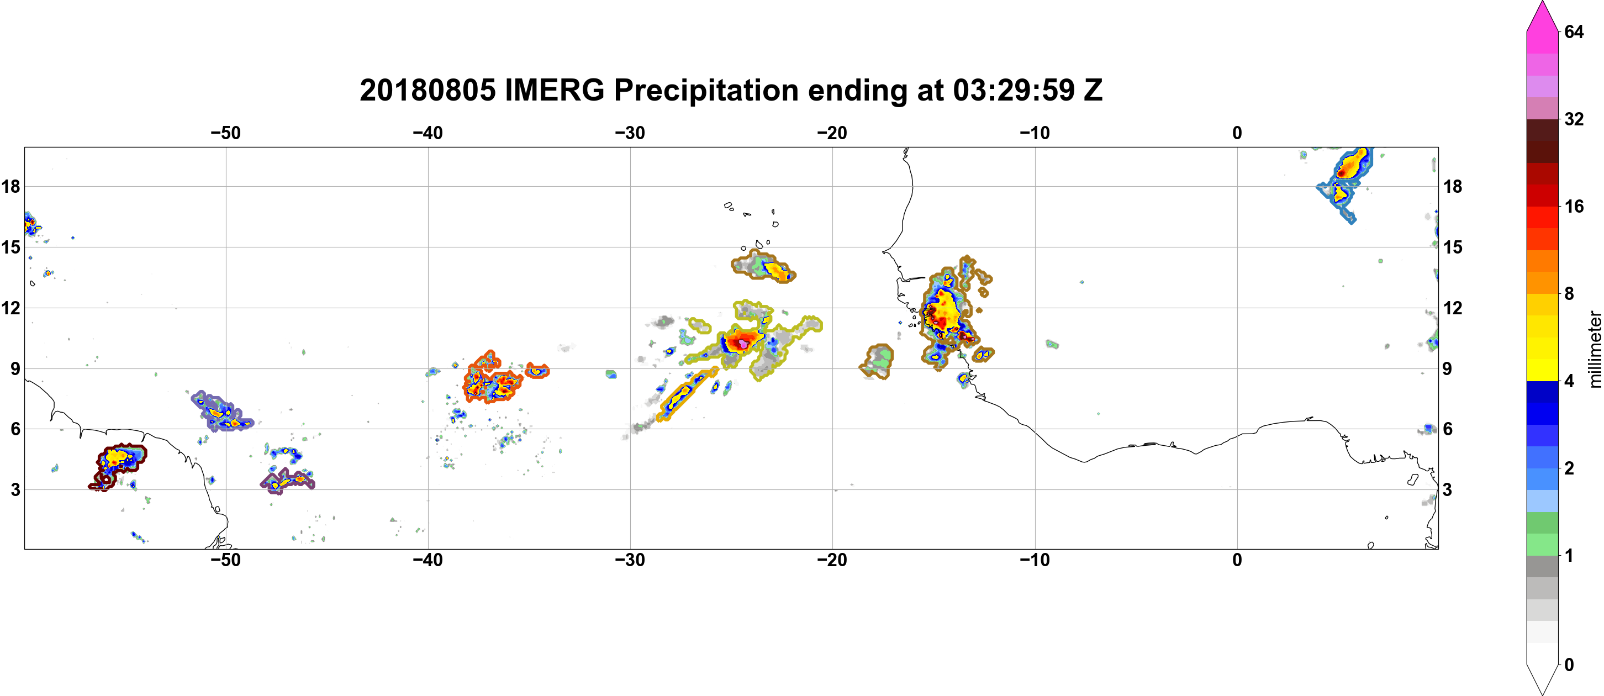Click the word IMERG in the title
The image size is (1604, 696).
(554, 91)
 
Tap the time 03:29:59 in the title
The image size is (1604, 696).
(1014, 91)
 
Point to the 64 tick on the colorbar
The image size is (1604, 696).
(1574, 31)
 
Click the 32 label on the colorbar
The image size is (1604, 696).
(1574, 119)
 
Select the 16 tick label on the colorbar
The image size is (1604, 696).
(1574, 206)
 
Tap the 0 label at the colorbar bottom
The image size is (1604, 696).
(1569, 665)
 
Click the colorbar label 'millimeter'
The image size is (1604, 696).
(1595, 349)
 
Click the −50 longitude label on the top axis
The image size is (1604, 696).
(225, 133)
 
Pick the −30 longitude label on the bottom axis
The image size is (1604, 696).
(630, 560)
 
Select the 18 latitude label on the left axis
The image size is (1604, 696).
(10, 186)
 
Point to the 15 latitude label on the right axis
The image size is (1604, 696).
(1453, 247)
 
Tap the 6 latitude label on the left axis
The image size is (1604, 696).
(15, 429)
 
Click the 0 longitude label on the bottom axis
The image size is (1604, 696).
(1237, 560)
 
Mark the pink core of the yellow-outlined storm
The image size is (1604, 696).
(743, 343)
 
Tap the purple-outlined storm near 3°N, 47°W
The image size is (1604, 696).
(288, 481)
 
